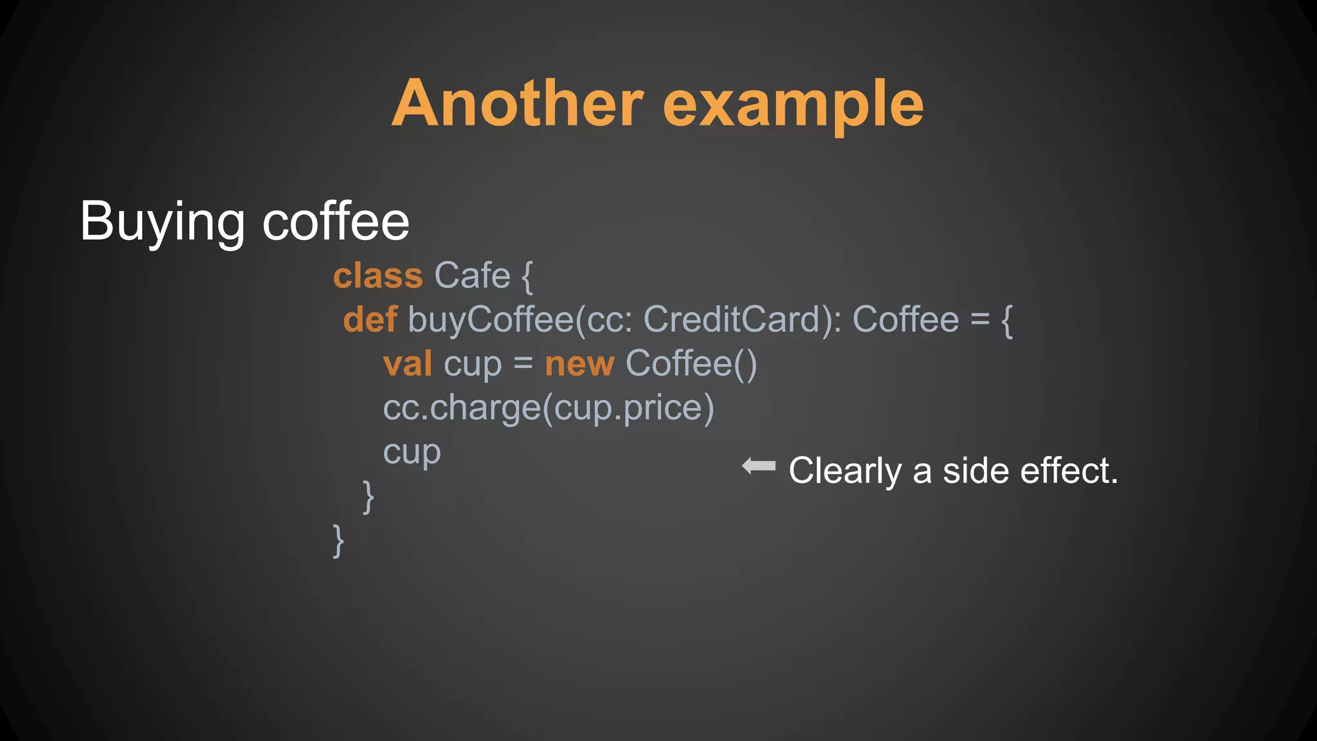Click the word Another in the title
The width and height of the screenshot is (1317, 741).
(x=518, y=104)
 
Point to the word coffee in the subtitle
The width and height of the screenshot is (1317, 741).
(x=336, y=221)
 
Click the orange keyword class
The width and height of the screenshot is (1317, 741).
(x=378, y=276)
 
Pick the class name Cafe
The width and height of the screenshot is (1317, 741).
(x=472, y=276)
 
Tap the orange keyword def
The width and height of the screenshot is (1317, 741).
(x=370, y=320)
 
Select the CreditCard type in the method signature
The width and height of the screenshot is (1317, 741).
(x=732, y=320)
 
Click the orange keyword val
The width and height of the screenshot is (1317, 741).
(x=408, y=363)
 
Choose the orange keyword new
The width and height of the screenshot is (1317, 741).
(x=579, y=363)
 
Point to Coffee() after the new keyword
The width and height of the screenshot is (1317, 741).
(x=691, y=363)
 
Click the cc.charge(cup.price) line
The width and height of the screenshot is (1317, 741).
(x=549, y=408)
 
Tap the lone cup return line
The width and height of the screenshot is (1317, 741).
(x=412, y=452)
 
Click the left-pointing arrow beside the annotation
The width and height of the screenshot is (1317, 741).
(x=759, y=466)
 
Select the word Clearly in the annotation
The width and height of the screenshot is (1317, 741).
(x=845, y=471)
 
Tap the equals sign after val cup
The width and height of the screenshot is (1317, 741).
(x=523, y=363)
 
